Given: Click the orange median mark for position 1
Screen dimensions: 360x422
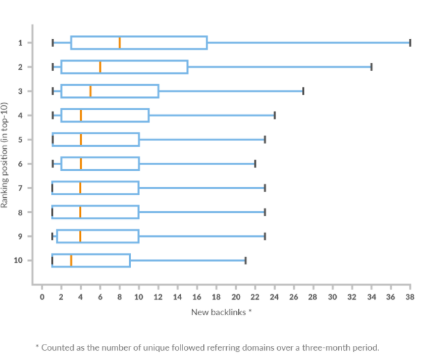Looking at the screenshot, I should [x=119, y=43].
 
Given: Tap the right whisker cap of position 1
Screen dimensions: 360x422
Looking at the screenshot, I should [x=410, y=43].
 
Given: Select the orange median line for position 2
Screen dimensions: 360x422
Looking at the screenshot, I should [x=100, y=67].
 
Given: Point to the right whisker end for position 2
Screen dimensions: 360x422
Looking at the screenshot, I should [x=371, y=67].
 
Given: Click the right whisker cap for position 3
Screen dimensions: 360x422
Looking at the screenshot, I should [x=303, y=91].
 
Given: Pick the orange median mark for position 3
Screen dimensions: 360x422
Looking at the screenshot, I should [x=91, y=91].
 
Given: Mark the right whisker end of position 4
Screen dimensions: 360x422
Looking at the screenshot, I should [x=274, y=115].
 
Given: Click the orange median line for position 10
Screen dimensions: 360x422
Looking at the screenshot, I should [x=71, y=260].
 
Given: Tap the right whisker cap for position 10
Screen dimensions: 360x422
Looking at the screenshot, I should [x=246, y=260].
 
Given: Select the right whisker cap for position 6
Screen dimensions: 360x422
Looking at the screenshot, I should [x=255, y=164].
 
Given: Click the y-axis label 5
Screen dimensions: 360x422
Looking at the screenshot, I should [x=21, y=139].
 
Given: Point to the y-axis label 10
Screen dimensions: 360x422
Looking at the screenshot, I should [x=19, y=260].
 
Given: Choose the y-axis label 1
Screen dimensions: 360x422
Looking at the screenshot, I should [x=21, y=43].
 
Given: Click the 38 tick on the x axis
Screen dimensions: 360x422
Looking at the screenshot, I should [x=410, y=296].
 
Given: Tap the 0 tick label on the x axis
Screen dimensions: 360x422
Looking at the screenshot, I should [x=42, y=296].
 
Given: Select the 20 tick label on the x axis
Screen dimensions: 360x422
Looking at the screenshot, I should [x=235, y=296].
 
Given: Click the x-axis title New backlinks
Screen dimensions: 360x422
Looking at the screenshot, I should [x=221, y=312].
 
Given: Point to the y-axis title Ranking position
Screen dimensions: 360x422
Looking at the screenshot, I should [x=5, y=154].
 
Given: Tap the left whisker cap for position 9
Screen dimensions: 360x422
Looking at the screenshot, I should [x=52, y=236].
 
